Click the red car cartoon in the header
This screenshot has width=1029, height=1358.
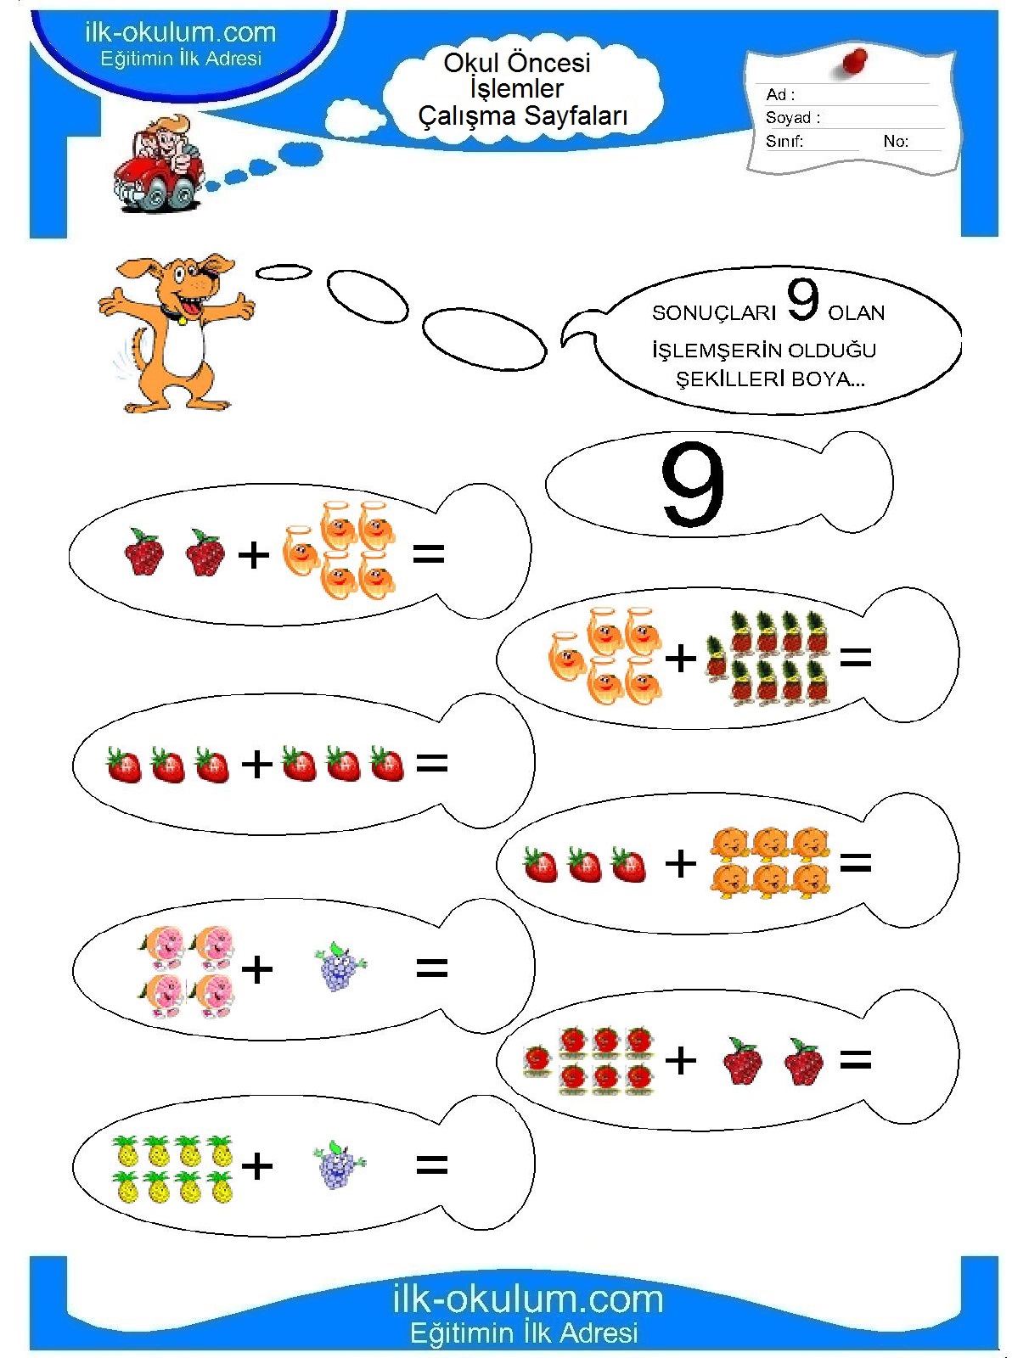(160, 163)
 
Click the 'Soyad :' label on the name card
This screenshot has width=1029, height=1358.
(793, 117)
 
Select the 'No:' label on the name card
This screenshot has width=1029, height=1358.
(896, 141)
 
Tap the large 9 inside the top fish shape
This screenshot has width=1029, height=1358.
(693, 485)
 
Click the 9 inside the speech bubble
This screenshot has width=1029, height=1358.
(802, 300)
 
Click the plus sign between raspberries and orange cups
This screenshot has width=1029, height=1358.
(254, 554)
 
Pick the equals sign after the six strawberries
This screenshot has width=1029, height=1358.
(431, 763)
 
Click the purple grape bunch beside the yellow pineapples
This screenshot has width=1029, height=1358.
(339, 1164)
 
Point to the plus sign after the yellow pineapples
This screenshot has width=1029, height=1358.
(256, 1166)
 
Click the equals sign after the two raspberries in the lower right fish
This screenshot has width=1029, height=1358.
(856, 1060)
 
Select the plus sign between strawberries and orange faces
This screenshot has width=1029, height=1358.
(681, 863)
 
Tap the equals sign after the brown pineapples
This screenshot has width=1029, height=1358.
(856, 657)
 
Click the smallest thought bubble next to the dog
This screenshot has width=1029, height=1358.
(284, 272)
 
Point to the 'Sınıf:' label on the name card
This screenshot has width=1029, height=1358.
(784, 141)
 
